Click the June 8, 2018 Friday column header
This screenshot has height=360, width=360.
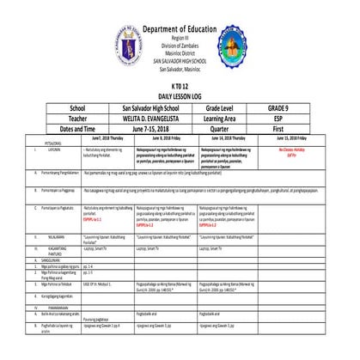point(166,137)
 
